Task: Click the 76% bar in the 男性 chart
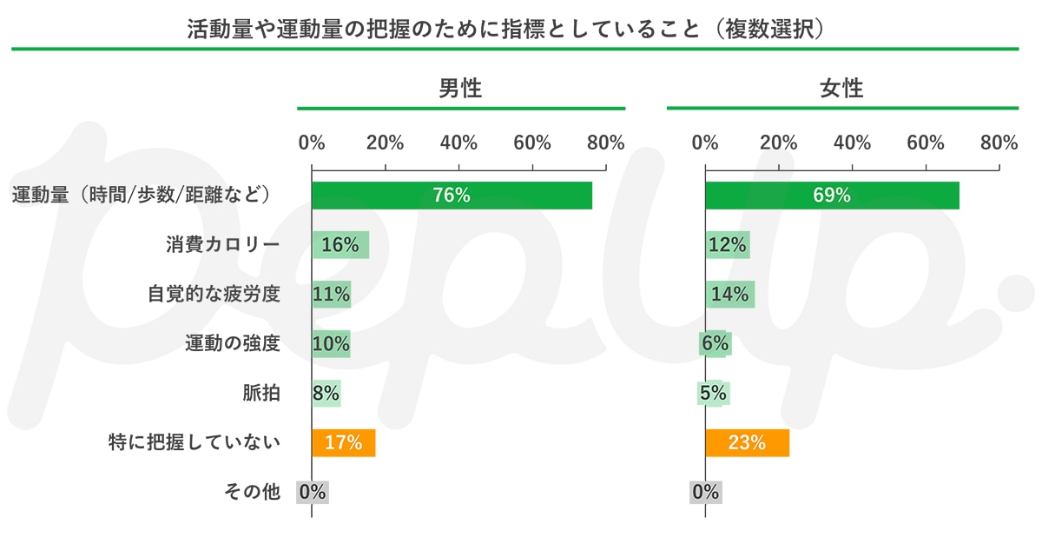[452, 196]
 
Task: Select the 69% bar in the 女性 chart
[832, 196]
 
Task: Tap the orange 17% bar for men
[343, 443]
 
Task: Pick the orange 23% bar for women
[747, 443]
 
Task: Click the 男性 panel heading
[460, 89]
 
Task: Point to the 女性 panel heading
[841, 89]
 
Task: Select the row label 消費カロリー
[223, 245]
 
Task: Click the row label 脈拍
[261, 394]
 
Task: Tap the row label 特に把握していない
[194, 443]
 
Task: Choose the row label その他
[252, 493]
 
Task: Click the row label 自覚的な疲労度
[214, 295]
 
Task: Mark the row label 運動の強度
[233, 344]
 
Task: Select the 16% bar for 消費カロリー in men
[340, 245]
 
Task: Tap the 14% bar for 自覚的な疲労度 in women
[729, 295]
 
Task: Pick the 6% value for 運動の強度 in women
[715, 344]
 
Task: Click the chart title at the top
[505, 29]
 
